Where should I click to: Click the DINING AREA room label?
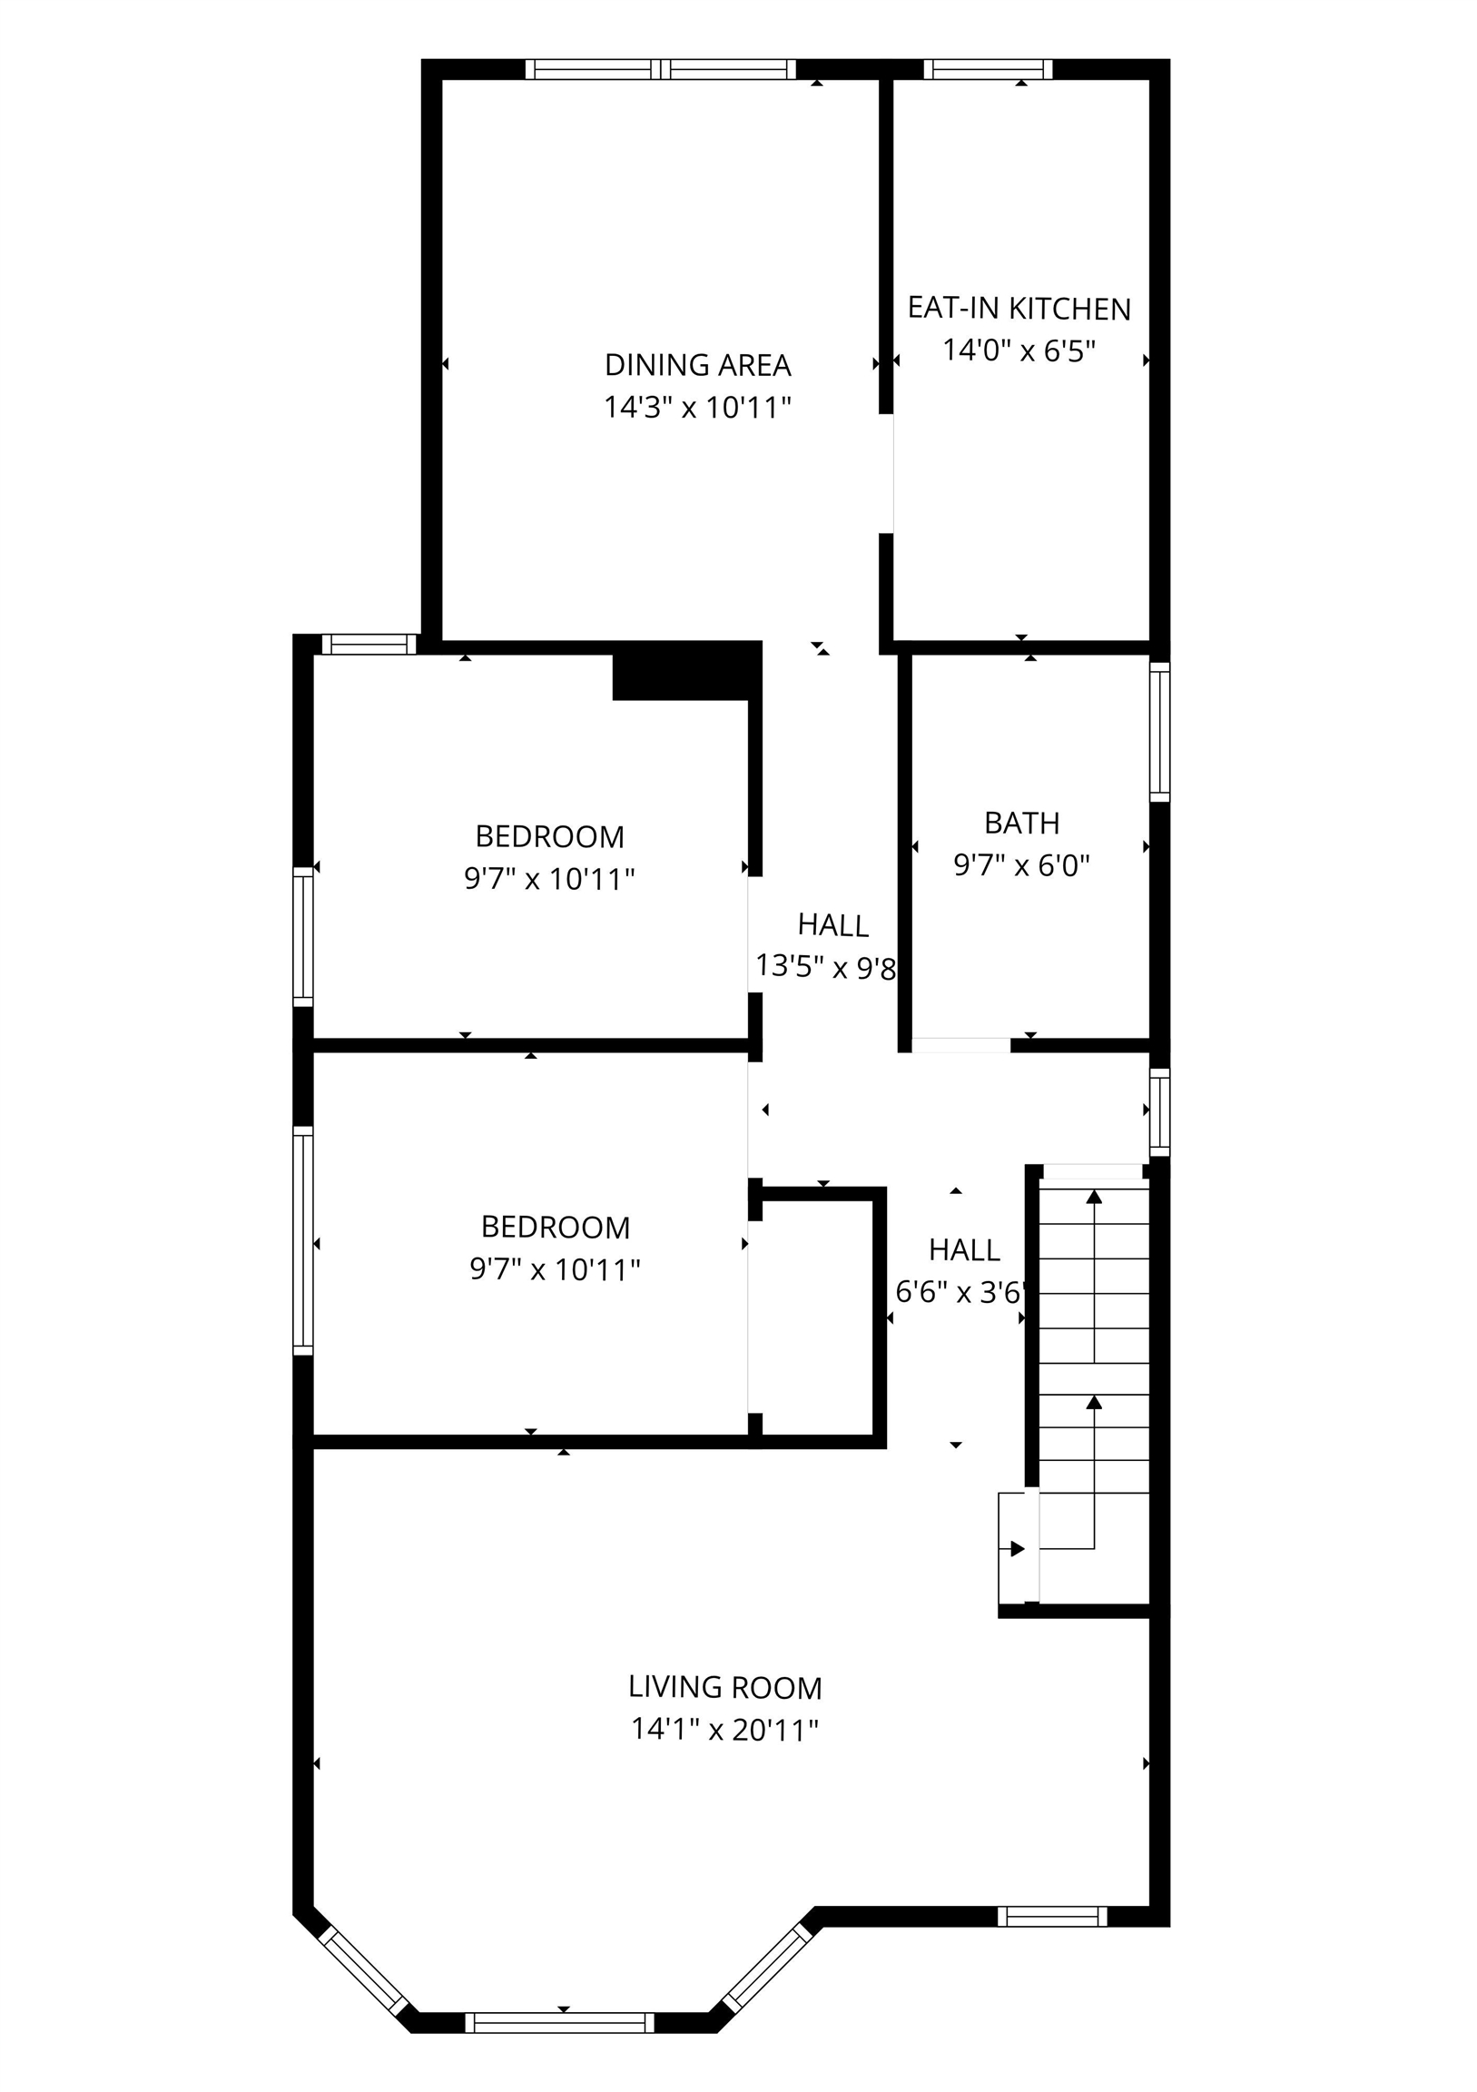pyautogui.click(x=698, y=365)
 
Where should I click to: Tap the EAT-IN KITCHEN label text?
pyautogui.click(x=1019, y=309)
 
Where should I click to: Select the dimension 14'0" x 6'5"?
pyautogui.click(x=1019, y=350)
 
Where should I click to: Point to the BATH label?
pyautogui.click(x=1021, y=823)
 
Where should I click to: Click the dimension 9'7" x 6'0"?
pyautogui.click(x=1021, y=864)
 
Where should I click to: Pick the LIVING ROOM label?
pyautogui.click(x=725, y=1687)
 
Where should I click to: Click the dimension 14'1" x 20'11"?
pyautogui.click(x=725, y=1730)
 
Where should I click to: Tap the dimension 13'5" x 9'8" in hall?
pyautogui.click(x=826, y=966)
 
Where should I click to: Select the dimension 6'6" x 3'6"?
pyautogui.click(x=961, y=1292)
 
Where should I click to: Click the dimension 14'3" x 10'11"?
pyautogui.click(x=698, y=408)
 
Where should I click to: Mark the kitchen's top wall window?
pyautogui.click(x=989, y=69)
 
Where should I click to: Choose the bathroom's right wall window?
pyautogui.click(x=1159, y=732)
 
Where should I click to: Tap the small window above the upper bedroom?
pyautogui.click(x=369, y=644)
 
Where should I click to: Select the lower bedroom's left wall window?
pyautogui.click(x=302, y=1241)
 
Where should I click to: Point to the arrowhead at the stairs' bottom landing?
pyautogui.click(x=1018, y=1549)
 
